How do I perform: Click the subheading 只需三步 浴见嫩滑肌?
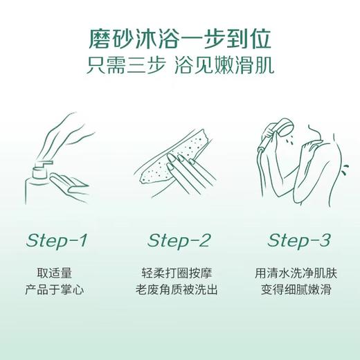[180, 66]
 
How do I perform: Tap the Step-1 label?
[57, 240]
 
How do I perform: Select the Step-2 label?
[179, 240]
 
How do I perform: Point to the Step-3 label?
[299, 240]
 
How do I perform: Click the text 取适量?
[57, 273]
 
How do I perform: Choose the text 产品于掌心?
[57, 289]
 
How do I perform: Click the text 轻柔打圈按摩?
[179, 273]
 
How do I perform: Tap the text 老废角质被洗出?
[179, 289]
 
